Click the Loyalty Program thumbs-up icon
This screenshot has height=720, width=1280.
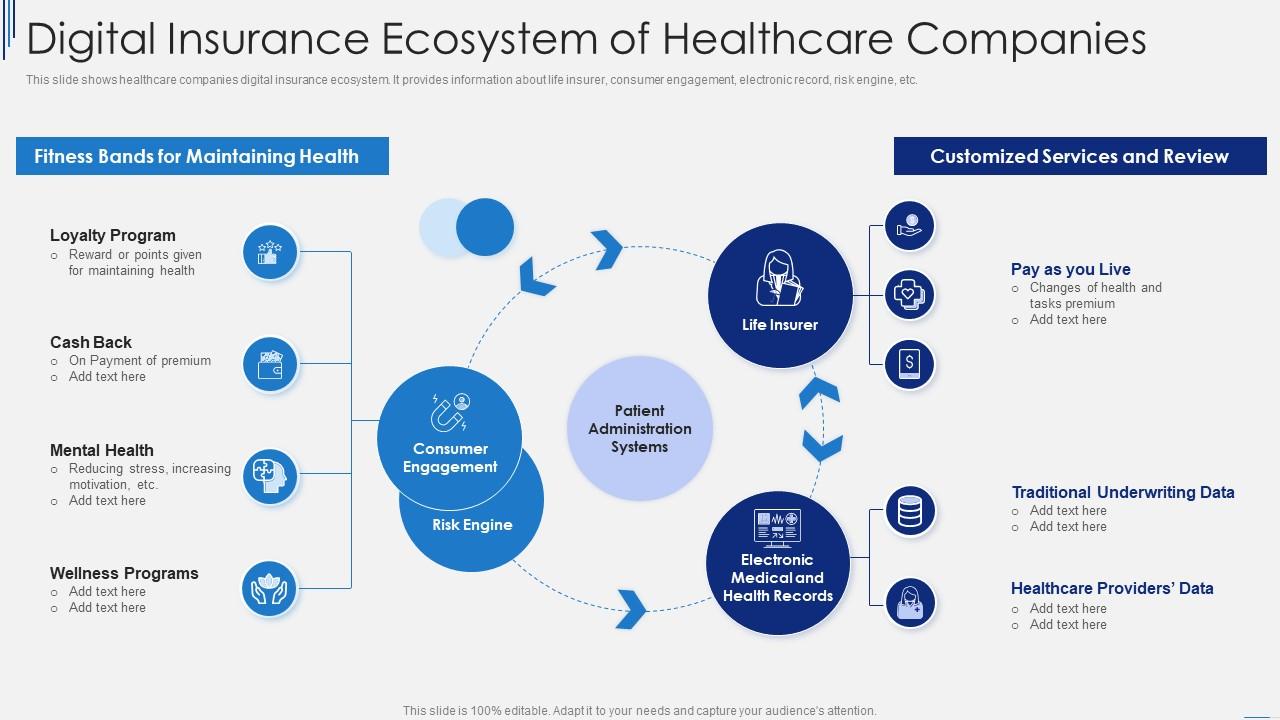[270, 252]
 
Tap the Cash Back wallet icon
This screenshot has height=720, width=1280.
[270, 364]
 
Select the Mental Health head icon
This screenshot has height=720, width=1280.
[270, 476]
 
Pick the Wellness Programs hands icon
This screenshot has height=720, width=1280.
[270, 589]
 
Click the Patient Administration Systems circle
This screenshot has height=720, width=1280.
[640, 428]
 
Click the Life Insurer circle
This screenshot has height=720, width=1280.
[780, 294]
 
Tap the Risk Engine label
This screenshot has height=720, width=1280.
[472, 525]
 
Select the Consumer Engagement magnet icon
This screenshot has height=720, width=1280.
[450, 411]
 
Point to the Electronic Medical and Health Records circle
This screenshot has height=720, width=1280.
[778, 564]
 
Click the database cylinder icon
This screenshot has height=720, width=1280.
[910, 511]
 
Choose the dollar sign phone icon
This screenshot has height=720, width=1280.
[910, 364]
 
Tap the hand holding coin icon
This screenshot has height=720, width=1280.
[910, 225]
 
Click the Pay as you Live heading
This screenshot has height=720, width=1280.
[1070, 269]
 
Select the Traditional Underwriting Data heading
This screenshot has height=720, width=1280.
[1122, 492]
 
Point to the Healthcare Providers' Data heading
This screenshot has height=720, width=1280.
[1111, 588]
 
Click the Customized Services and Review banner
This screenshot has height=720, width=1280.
[1079, 156]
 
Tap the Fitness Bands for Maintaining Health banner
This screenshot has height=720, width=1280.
[202, 156]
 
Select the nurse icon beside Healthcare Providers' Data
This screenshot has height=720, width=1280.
[910, 602]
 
